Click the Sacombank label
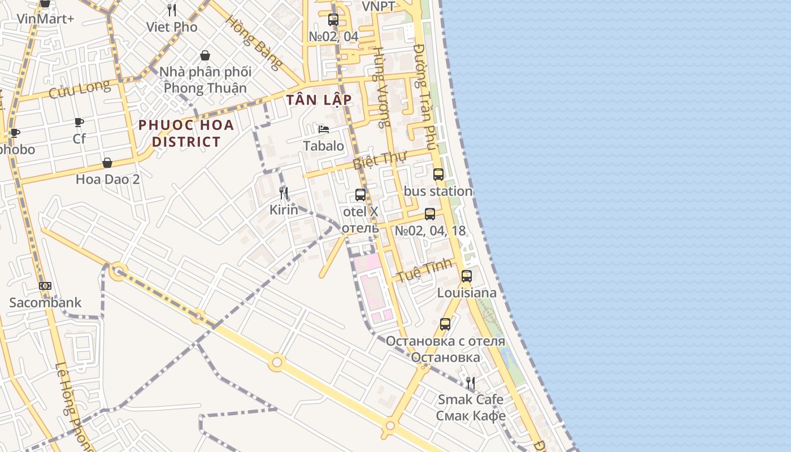[x=46, y=302]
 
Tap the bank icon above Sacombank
[x=45, y=286]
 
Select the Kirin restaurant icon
[x=284, y=193]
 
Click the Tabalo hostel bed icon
[x=324, y=129]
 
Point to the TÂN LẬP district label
[x=319, y=100]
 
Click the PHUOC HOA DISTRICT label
[x=186, y=133]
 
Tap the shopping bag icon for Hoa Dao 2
[x=107, y=163]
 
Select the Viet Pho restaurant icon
[x=172, y=10]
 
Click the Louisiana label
[x=467, y=293]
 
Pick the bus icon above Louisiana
[x=467, y=276]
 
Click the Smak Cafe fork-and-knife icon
[x=470, y=383]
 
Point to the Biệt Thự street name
[x=380, y=160]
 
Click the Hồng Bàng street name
[x=254, y=42]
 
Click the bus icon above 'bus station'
[x=438, y=175]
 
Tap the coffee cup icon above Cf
[x=79, y=122]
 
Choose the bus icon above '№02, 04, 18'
[x=430, y=214]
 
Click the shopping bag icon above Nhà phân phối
[x=205, y=55]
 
